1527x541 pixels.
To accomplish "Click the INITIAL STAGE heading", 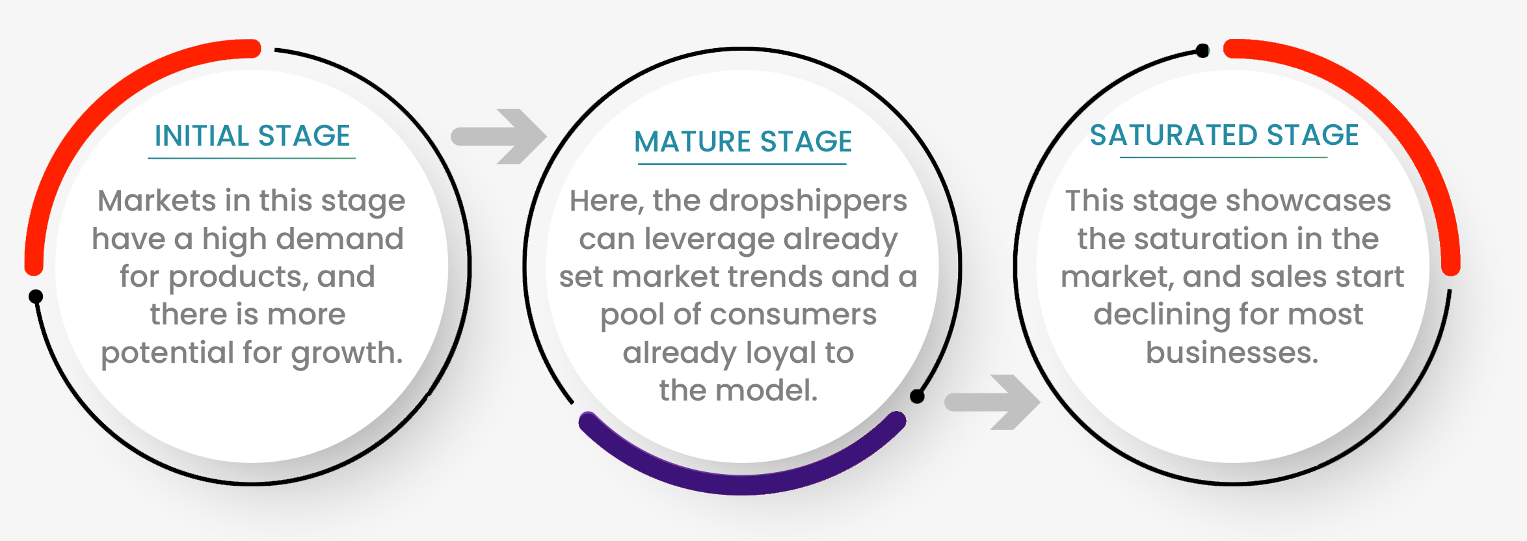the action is click(252, 136).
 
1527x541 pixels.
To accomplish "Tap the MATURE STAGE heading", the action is click(743, 142).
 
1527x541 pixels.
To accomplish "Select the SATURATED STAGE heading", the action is click(1224, 135).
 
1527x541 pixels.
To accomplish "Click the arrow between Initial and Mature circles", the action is click(499, 137).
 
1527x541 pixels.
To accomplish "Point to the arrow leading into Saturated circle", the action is click(992, 402).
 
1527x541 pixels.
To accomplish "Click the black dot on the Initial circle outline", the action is click(36, 297).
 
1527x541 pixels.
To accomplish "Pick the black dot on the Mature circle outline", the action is click(917, 396).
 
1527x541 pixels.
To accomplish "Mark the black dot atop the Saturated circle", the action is click(1202, 50).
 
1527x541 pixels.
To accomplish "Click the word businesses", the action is click(1232, 352).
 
